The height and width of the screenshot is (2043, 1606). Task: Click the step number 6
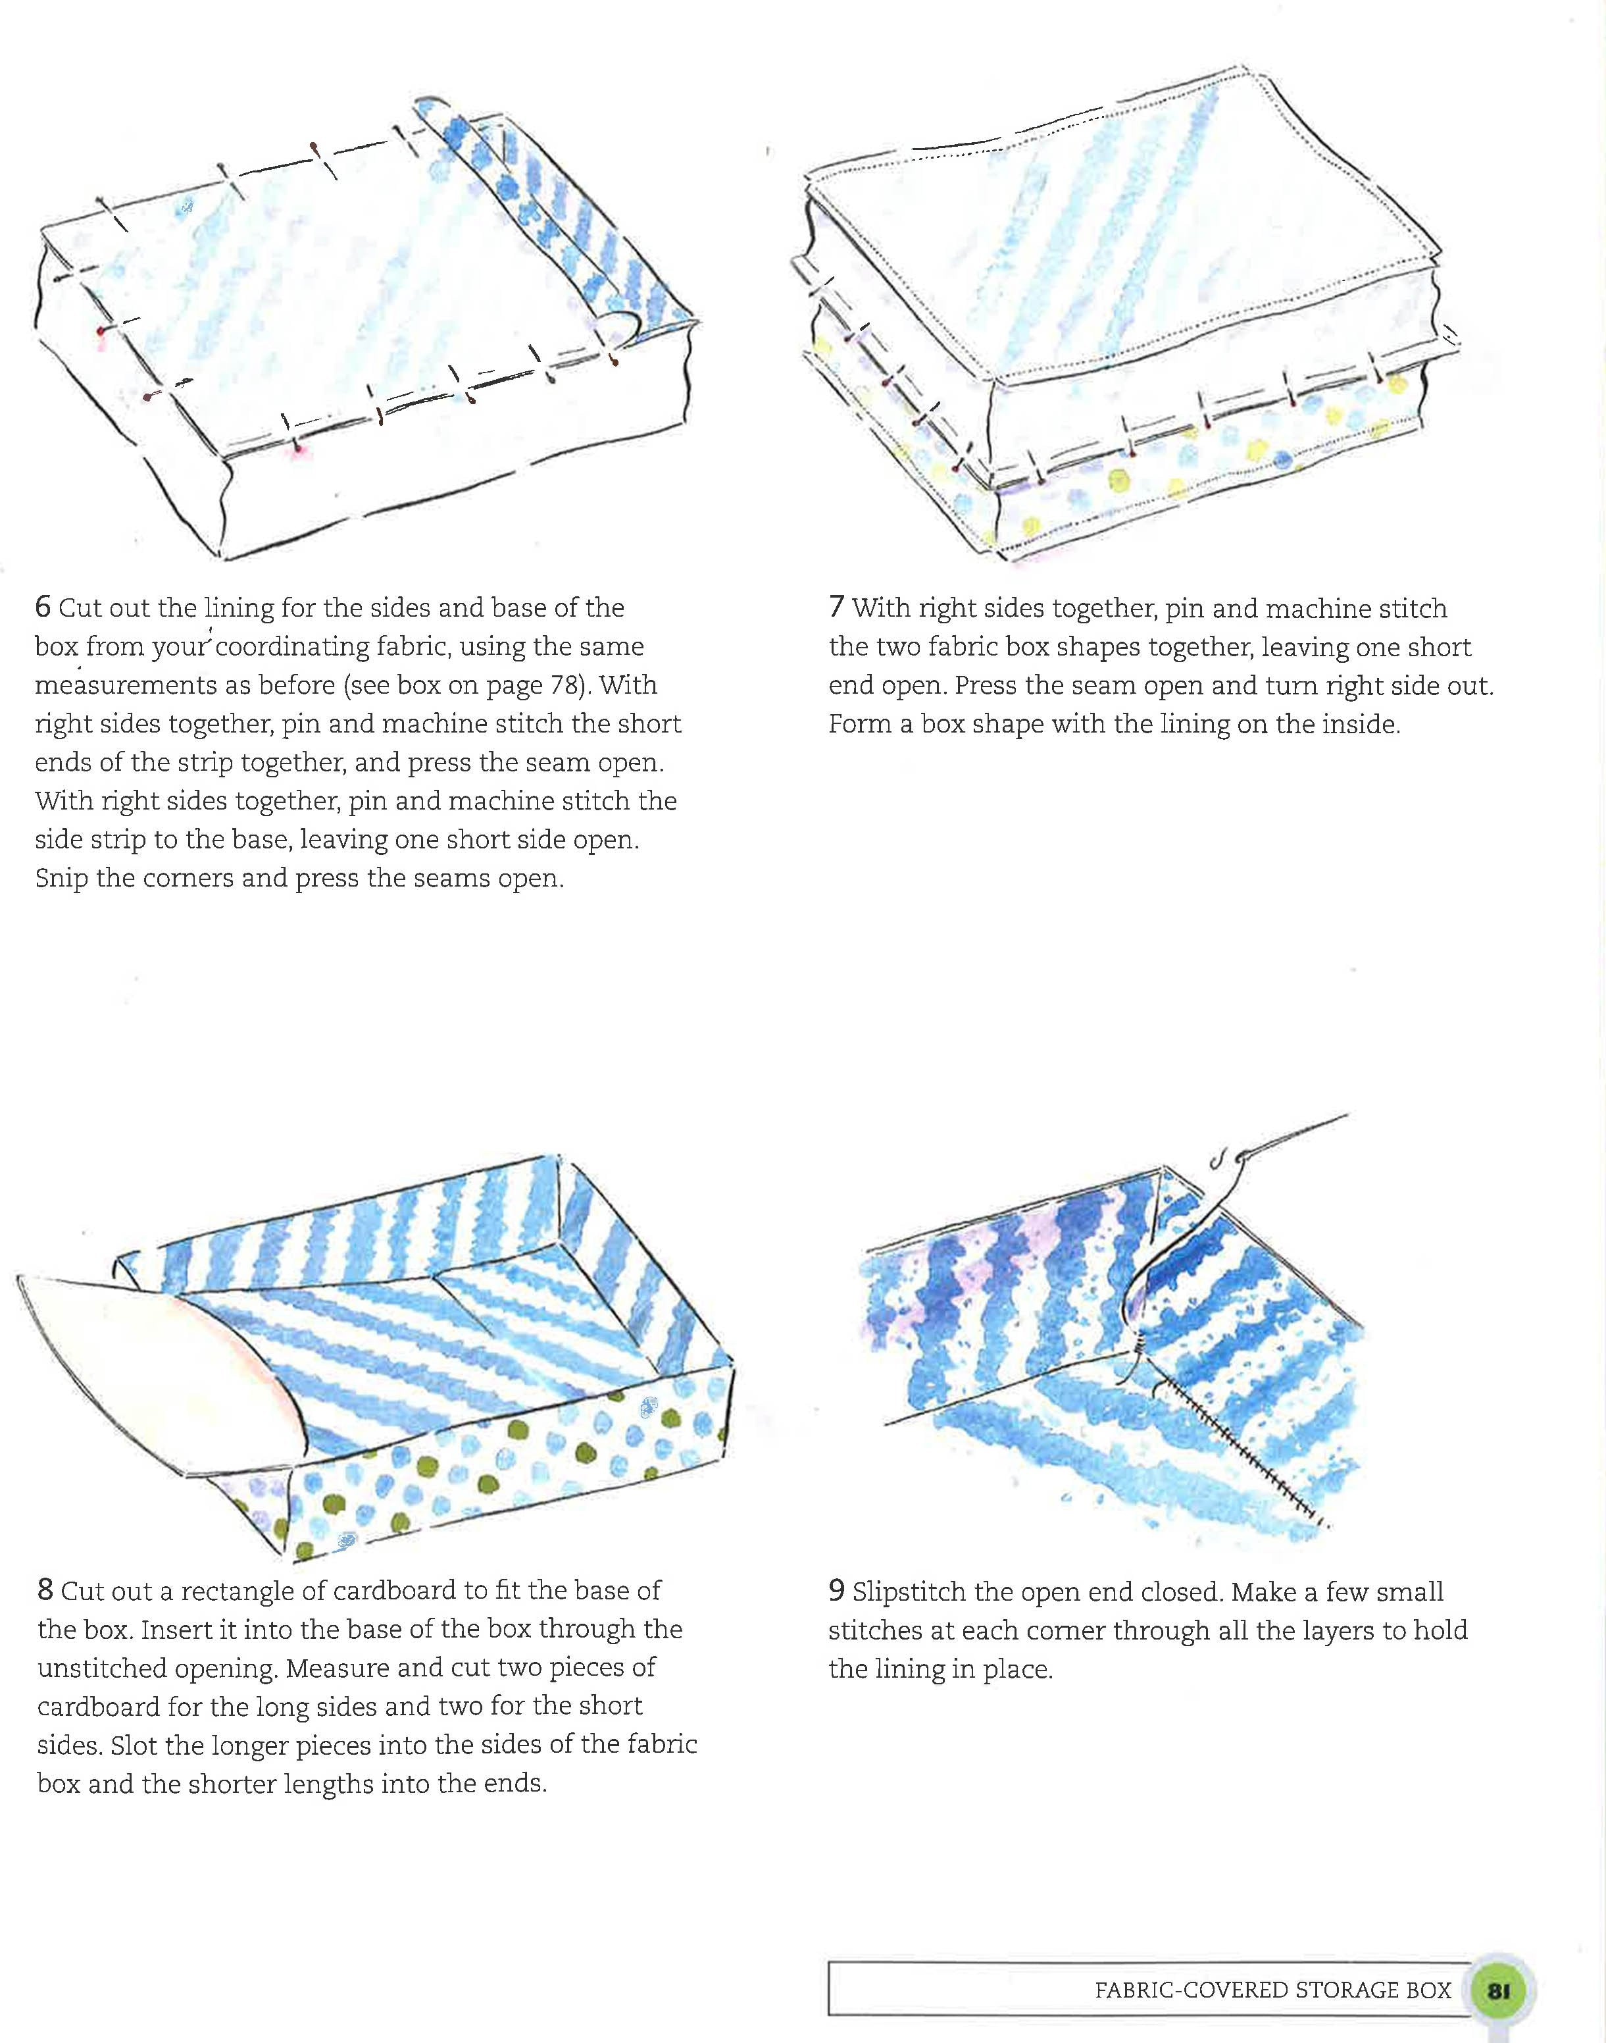click(x=42, y=608)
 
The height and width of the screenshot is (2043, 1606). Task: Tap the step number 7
click(x=836, y=608)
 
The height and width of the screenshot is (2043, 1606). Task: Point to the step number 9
click(x=836, y=1591)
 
